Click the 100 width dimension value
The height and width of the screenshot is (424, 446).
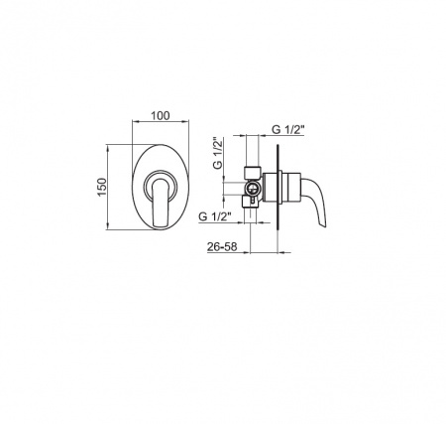coord(161,116)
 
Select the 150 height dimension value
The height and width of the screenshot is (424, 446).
coord(102,187)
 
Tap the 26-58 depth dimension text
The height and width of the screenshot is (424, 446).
coord(222,246)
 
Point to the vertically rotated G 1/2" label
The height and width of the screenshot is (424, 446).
coord(218,153)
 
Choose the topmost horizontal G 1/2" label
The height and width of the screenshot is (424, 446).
coord(287,130)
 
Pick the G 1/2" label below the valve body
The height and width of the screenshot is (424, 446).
coord(214,216)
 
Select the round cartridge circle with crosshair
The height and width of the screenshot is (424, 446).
coord(253,189)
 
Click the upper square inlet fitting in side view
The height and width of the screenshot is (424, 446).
coord(253,172)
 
